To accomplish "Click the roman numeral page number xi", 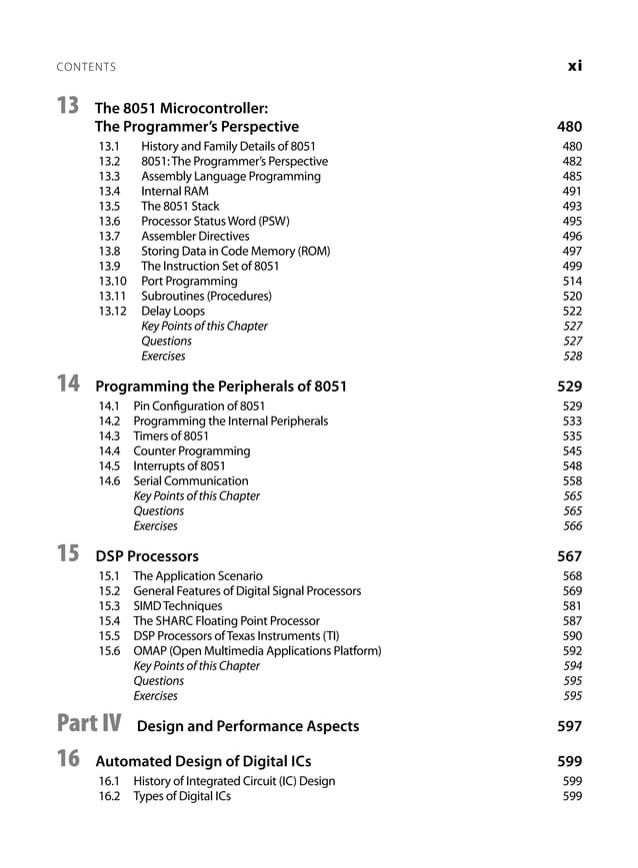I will [x=574, y=66].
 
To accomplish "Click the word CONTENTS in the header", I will [x=86, y=67].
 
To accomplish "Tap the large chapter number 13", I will [x=68, y=105].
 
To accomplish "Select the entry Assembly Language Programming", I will [x=231, y=177].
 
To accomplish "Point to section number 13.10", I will [x=113, y=282].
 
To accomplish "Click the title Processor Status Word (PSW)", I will [x=221, y=222].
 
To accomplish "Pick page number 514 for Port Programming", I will [x=572, y=282].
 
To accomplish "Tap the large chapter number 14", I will [x=68, y=384].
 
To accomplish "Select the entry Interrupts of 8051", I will [x=179, y=466].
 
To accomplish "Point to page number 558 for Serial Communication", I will [x=572, y=481].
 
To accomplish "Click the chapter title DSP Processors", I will [x=147, y=556].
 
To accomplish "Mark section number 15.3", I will [x=109, y=606].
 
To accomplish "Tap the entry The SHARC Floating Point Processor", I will [x=227, y=621].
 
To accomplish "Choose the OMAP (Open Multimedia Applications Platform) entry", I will [x=257, y=651].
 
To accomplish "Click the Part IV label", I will [x=89, y=723].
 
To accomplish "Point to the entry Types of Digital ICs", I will [x=182, y=796].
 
